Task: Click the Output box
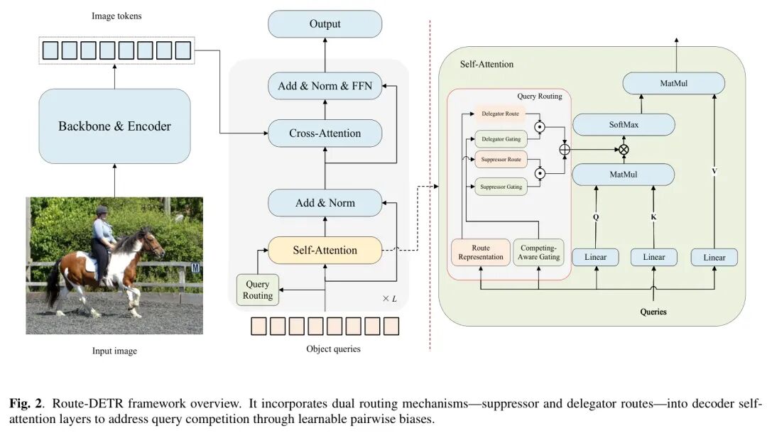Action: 325,24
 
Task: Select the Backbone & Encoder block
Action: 114,126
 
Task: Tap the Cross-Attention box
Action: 325,133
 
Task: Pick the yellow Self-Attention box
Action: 325,250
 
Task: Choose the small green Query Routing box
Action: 258,290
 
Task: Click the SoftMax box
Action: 624,124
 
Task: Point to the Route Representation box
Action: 481,252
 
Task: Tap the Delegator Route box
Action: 500,114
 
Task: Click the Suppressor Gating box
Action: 501,187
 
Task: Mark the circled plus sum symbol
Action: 565,150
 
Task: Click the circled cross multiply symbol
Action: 624,150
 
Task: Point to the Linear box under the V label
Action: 714,257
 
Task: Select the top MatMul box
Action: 673,83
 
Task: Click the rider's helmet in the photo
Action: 102,210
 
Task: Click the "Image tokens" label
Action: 116,16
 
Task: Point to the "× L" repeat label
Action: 389,299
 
